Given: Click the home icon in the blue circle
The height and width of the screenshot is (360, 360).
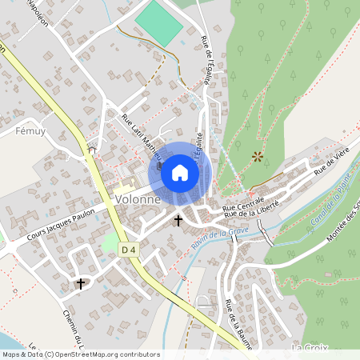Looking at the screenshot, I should [x=180, y=172].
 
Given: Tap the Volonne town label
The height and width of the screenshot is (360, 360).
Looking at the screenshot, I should [x=138, y=199].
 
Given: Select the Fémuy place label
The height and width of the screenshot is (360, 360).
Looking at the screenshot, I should [x=32, y=129].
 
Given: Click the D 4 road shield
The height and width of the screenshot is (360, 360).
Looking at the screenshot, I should [x=129, y=250].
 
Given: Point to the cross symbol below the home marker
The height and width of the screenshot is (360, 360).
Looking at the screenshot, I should [x=178, y=218].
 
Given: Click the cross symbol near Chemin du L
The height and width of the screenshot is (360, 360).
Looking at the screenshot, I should [x=80, y=283].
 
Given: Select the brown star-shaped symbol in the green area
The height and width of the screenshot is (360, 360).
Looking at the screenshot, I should [x=257, y=157].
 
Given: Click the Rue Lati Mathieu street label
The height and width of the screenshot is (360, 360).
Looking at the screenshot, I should [x=141, y=136].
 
